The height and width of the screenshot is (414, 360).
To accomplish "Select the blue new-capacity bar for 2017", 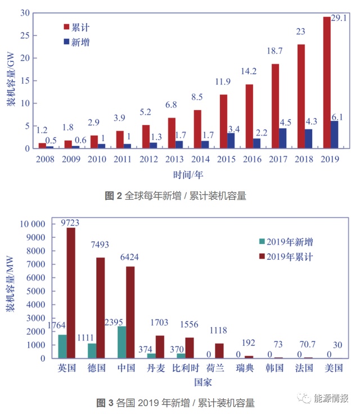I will pos(282,138).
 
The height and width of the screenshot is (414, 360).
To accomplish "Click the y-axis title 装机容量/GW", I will pos(10,80).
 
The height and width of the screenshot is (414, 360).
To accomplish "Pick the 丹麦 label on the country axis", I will pos(157,368).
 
